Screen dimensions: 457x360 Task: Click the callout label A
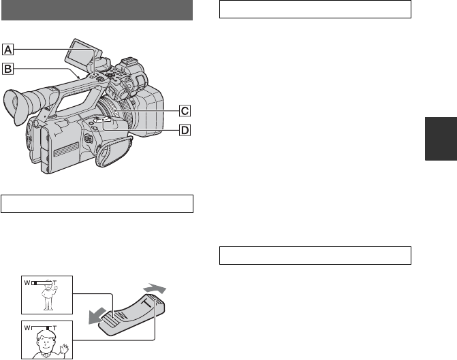point(8,50)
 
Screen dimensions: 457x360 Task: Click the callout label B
point(8,69)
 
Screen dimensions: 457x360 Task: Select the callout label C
point(185,111)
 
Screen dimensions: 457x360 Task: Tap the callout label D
point(185,130)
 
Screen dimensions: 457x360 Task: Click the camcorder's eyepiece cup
point(13,106)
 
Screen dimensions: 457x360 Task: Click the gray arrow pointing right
point(155,289)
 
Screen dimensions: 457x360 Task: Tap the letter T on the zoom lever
point(148,303)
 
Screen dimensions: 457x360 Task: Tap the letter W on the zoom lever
point(123,316)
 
